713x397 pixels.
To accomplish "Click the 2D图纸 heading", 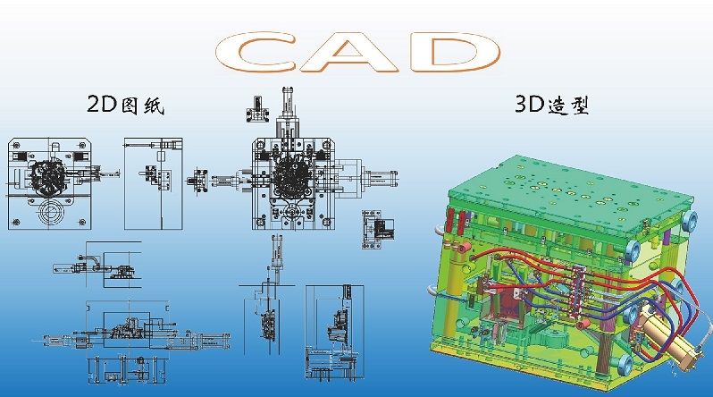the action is click(x=125, y=105).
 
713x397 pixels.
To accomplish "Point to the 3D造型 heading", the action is click(x=552, y=105).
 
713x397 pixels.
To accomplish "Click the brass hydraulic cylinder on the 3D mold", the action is click(x=666, y=335).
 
